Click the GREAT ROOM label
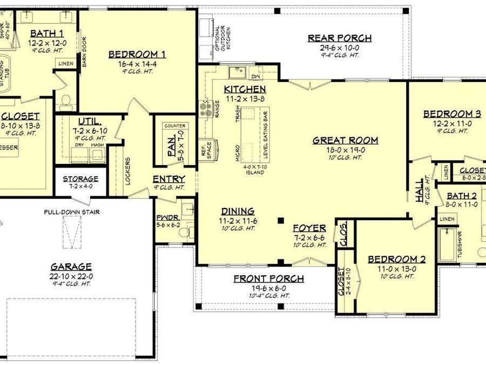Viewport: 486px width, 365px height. (345, 141)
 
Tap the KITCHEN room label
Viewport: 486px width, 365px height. (245, 89)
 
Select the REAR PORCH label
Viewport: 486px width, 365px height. (339, 38)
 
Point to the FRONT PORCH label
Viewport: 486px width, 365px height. (268, 279)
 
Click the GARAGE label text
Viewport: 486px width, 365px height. (71, 267)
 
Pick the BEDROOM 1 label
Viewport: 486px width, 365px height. (137, 54)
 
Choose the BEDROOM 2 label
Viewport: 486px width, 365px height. (396, 260)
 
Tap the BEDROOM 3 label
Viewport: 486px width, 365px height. (451, 114)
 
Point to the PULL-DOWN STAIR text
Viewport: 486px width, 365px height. (72, 212)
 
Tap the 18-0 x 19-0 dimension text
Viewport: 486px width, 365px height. (345, 150)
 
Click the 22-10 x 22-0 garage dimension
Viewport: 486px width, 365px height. (71, 276)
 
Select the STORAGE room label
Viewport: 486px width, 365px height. (80, 178)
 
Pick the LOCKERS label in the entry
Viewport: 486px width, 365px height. (127, 170)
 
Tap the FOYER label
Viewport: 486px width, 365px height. (309, 228)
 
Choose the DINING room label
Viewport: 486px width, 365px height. (238, 211)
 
